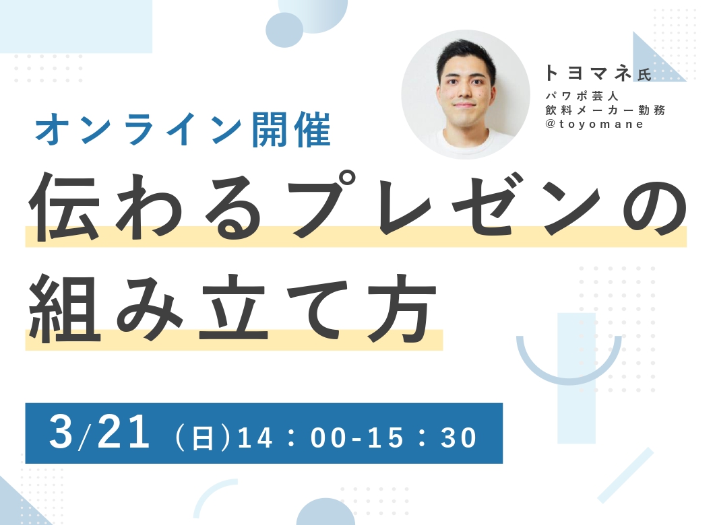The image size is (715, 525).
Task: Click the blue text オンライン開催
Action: [x=183, y=130]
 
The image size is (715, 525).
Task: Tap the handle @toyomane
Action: [x=594, y=124]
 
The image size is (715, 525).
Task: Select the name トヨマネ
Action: [x=588, y=73]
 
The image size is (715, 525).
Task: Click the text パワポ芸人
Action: [x=582, y=96]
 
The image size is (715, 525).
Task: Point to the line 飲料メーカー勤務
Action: [x=605, y=110]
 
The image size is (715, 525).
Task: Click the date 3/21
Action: [x=100, y=432]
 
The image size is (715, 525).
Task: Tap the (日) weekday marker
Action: [x=202, y=437]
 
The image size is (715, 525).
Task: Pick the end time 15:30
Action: [x=422, y=437]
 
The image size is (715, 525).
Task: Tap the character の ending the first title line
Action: [x=655, y=209]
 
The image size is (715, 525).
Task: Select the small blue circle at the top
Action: [x=284, y=30]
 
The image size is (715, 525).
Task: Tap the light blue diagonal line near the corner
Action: [x=625, y=475]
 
